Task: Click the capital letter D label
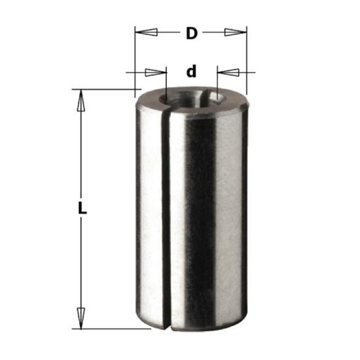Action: tap(192, 33)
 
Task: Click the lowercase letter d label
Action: tap(192, 71)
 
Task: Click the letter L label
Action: tap(82, 207)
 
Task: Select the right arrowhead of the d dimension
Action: tap(228, 72)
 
